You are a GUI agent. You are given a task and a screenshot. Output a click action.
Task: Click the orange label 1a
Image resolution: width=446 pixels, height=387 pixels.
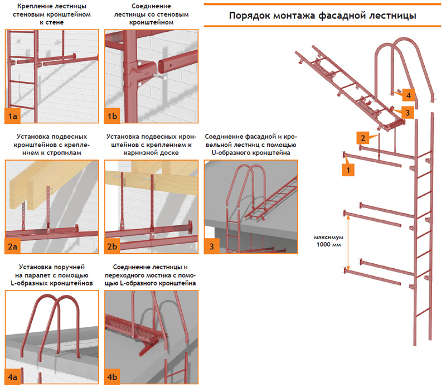[x=13, y=116]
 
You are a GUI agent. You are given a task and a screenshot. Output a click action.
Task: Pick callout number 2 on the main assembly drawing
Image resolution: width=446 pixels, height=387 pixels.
[x=362, y=137]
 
